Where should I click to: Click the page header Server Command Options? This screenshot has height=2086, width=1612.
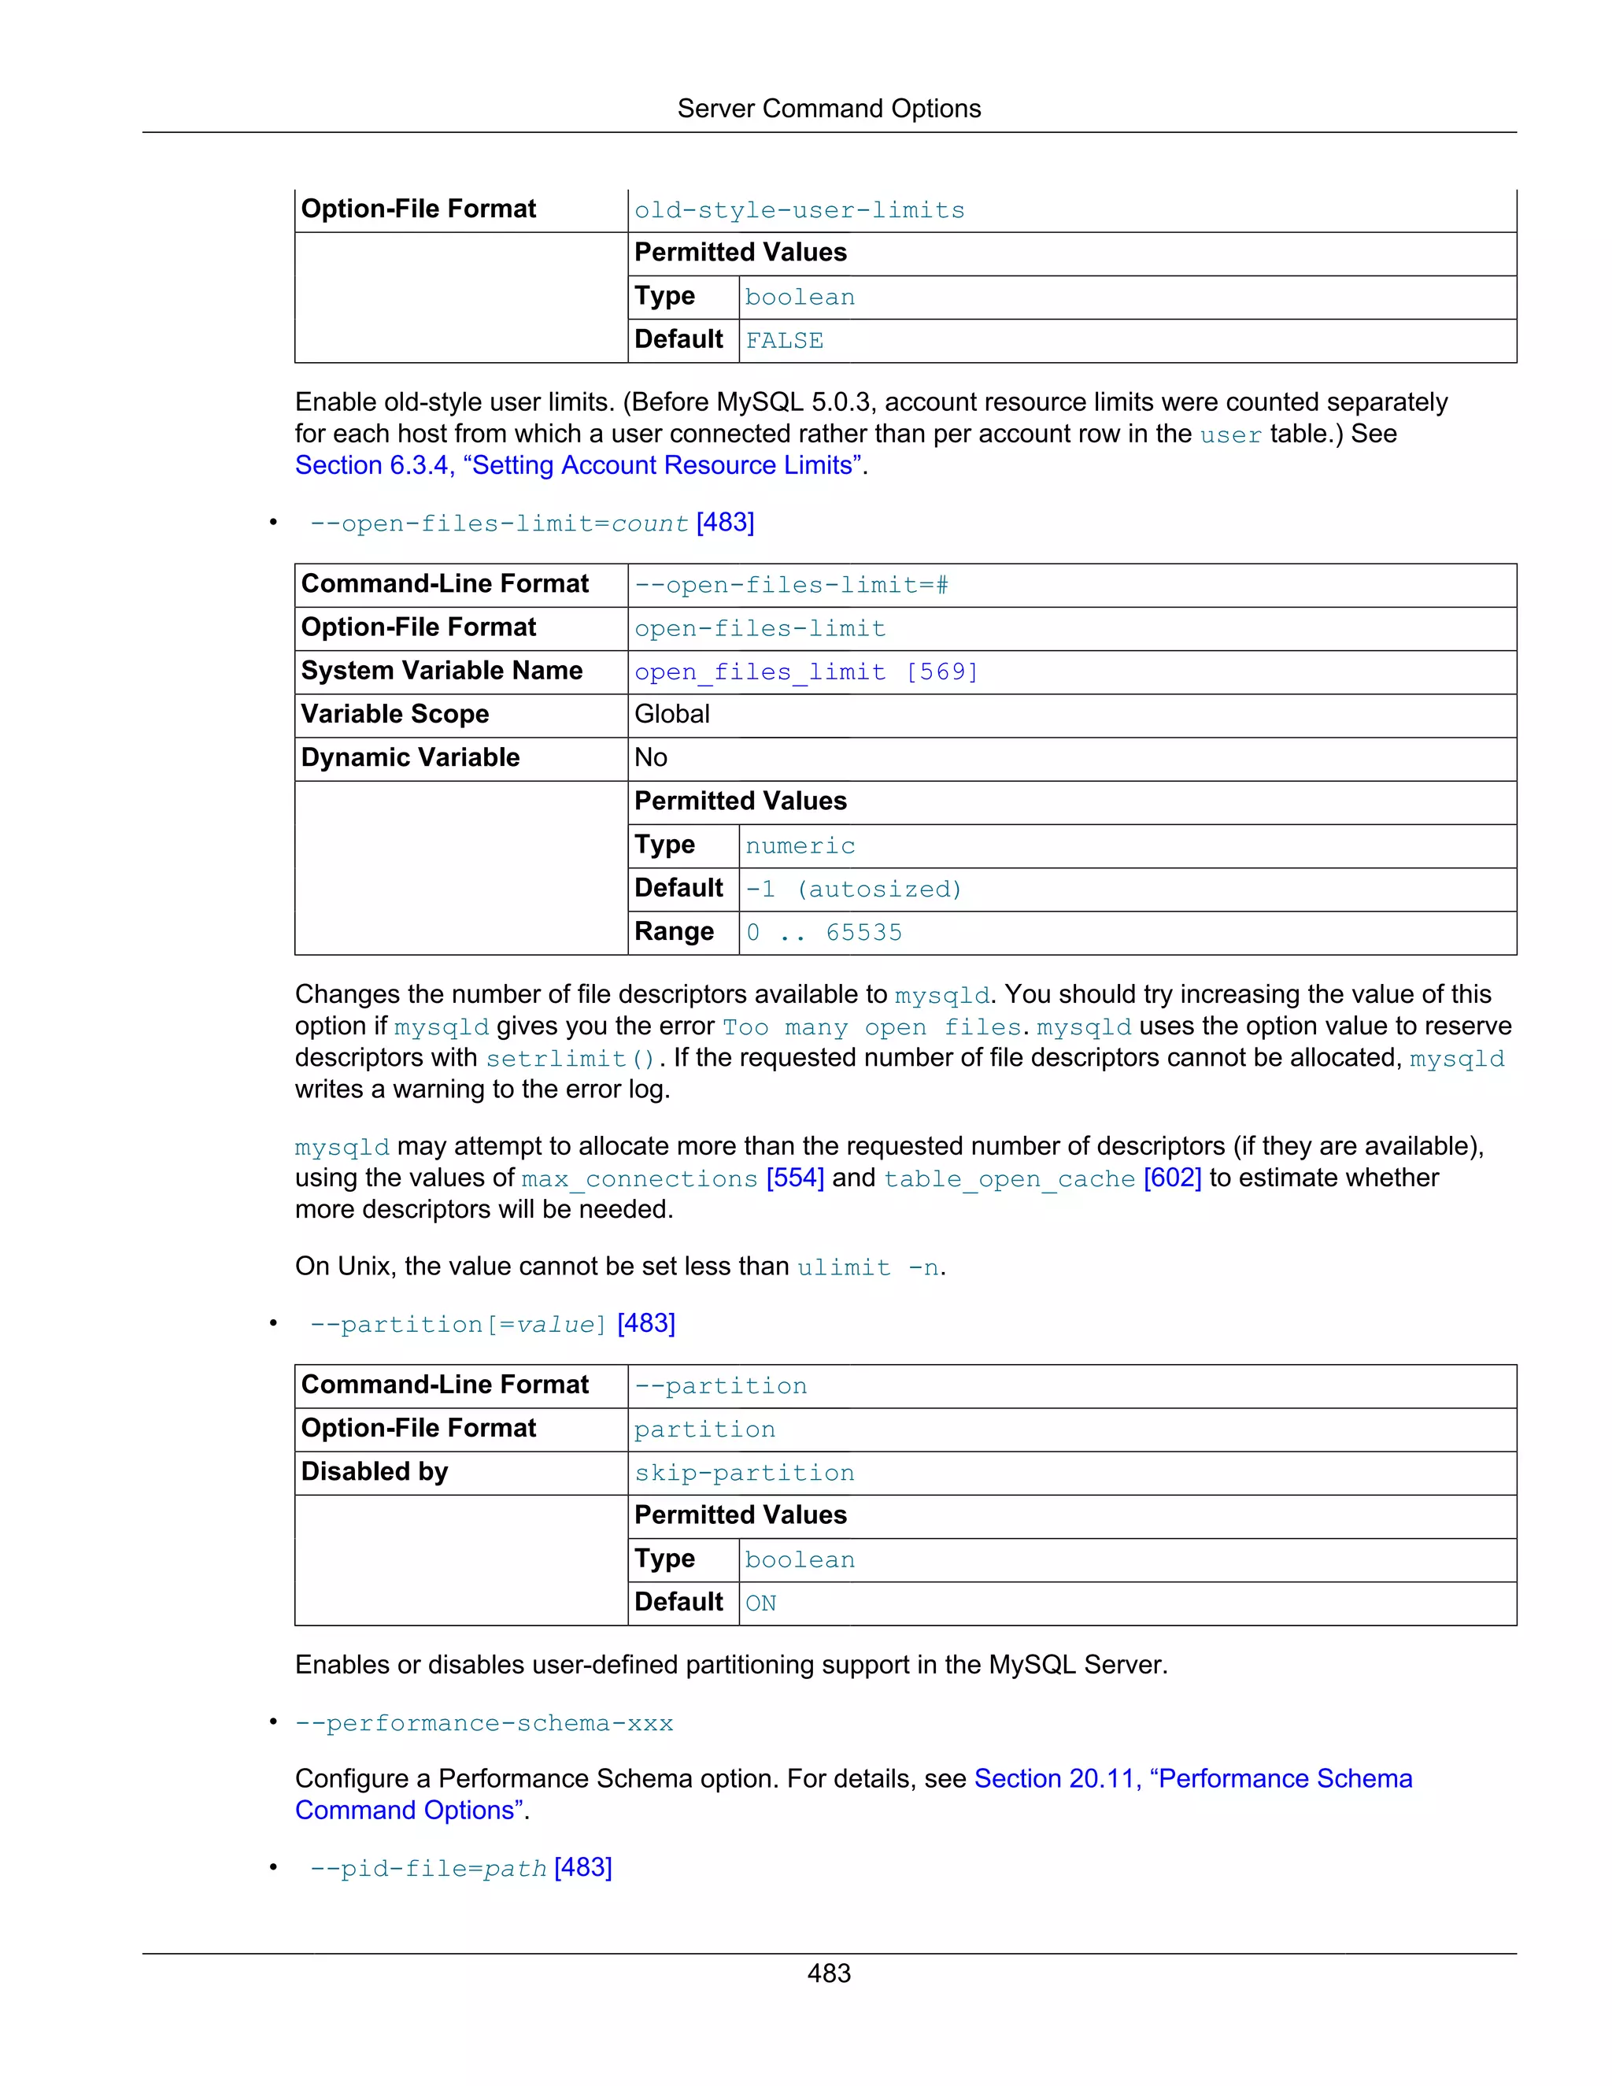point(828,109)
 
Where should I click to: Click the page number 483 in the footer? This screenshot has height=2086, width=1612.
point(828,1973)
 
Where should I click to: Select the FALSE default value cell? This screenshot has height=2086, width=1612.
point(784,341)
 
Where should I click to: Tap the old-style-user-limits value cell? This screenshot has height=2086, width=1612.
point(800,210)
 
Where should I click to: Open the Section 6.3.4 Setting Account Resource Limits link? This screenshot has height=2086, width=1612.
point(579,465)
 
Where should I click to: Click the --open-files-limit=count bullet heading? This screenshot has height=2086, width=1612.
point(531,523)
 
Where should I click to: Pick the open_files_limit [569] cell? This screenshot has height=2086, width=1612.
point(806,672)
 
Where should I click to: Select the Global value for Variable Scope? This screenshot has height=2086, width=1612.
point(671,715)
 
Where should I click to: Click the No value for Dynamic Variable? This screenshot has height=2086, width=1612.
point(650,757)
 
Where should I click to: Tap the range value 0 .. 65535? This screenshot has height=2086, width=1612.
point(823,932)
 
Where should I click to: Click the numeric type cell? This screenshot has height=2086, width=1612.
point(800,846)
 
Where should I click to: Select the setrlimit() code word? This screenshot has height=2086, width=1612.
point(570,1058)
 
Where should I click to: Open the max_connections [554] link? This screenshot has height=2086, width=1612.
point(672,1178)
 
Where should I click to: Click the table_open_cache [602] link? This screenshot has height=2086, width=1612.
point(1042,1178)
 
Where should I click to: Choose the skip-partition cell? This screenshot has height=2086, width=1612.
point(744,1473)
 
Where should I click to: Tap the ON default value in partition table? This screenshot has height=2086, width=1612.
point(760,1603)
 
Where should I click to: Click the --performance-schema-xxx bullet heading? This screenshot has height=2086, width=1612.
point(484,1723)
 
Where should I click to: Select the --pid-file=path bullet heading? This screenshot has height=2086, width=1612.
point(460,1867)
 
